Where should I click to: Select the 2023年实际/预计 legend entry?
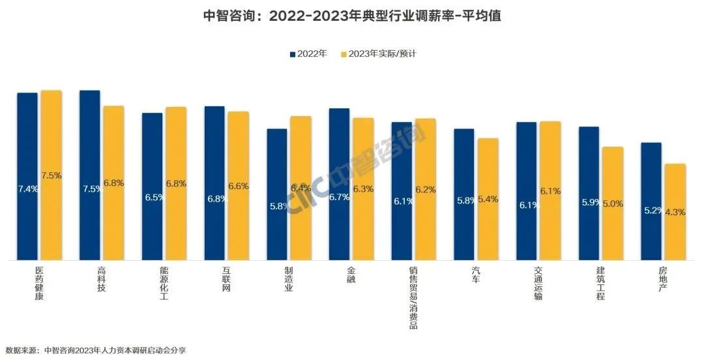[377, 53]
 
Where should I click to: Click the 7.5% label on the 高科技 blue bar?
[91, 189]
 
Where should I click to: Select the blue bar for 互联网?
[215, 183]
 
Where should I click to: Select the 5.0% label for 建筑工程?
[613, 203]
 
